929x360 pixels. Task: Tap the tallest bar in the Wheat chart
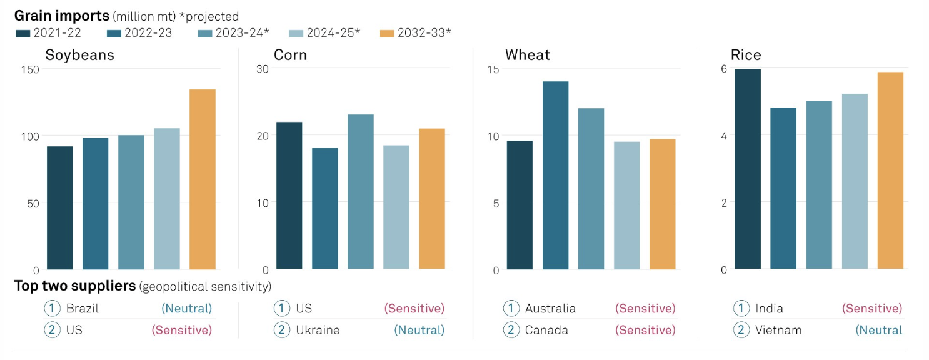555,176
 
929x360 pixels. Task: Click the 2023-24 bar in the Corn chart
361,192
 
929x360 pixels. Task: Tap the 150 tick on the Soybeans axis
31,69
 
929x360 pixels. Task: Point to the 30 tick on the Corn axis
263,69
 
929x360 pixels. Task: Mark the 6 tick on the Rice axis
724,69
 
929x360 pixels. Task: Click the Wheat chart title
527,55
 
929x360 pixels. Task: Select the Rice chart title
746,55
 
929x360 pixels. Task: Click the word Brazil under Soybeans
83,308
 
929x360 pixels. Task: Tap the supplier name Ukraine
318,330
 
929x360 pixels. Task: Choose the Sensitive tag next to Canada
645,330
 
